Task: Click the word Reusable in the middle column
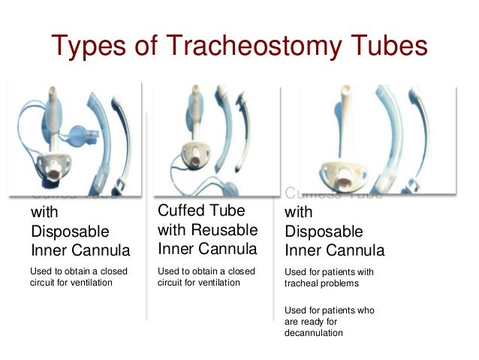click(x=225, y=228)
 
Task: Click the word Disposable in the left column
click(x=70, y=229)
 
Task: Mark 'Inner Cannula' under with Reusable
click(x=208, y=247)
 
